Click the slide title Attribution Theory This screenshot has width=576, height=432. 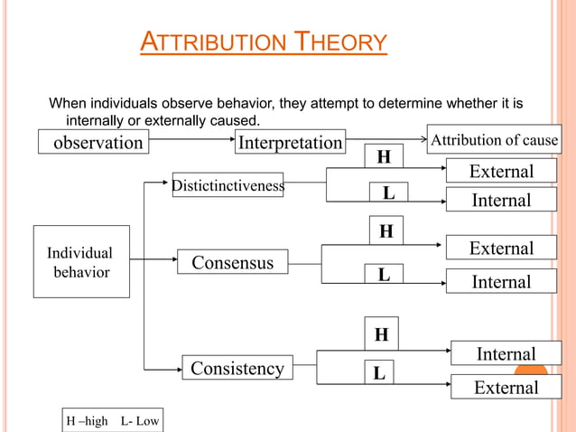(264, 42)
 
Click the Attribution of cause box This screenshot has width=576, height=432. (493, 140)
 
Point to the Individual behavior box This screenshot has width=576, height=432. (79, 262)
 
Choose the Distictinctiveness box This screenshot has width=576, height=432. (228, 186)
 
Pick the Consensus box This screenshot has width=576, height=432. (232, 262)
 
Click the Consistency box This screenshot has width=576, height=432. (237, 368)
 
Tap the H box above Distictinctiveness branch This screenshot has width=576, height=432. (385, 157)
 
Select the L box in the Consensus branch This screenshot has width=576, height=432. (385, 274)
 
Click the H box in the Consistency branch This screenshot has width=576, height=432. (382, 335)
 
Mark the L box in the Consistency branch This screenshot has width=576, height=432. (380, 371)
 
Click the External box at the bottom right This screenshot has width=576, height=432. (506, 388)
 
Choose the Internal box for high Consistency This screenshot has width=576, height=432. (506, 353)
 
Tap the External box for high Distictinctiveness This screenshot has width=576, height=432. (501, 171)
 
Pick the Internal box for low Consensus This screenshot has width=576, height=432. (501, 282)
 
